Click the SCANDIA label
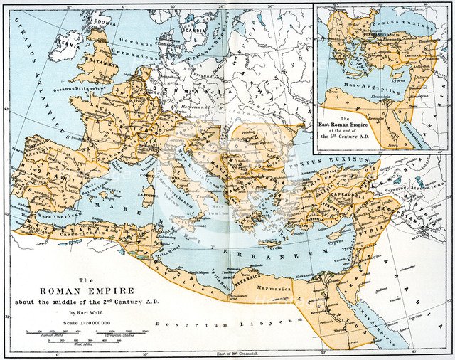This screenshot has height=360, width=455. tap(194, 31)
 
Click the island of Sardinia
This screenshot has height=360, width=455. tap(148, 194)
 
